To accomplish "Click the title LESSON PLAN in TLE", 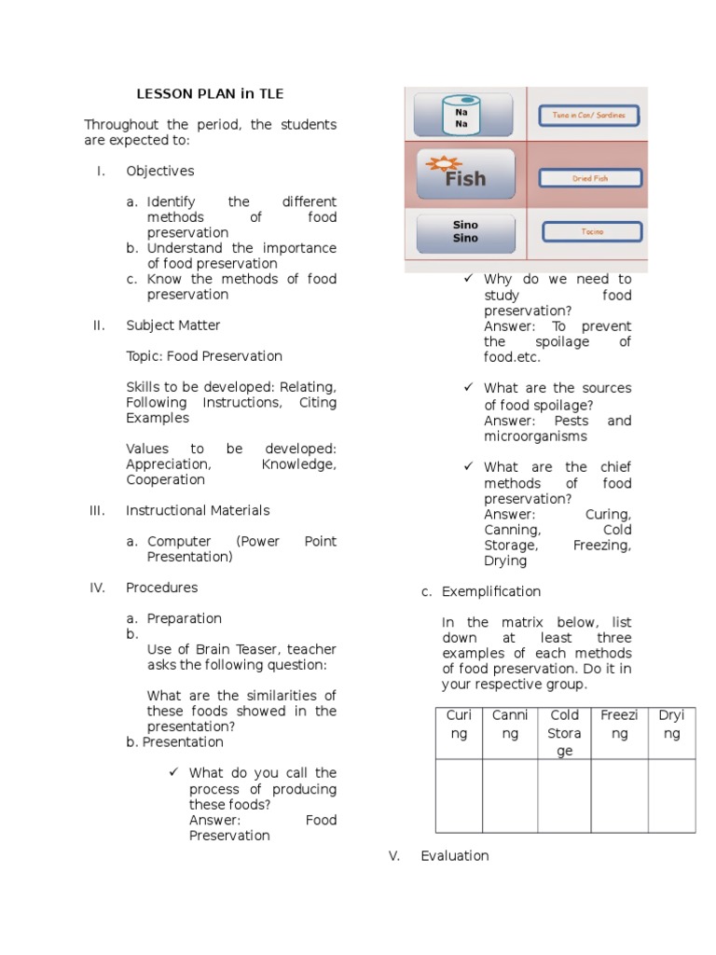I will click(x=210, y=94).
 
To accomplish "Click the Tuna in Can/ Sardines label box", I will click(x=589, y=116).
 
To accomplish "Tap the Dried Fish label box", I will click(x=589, y=177).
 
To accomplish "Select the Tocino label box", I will click(x=591, y=231).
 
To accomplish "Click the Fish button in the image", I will click(x=464, y=174).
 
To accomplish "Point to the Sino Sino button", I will click(x=464, y=232).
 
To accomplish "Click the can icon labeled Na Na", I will click(x=461, y=116).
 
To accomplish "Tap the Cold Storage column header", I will click(x=564, y=732).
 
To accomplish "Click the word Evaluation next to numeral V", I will click(x=454, y=855).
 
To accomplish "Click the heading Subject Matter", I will click(x=173, y=325).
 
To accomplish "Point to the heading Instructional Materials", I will click(x=199, y=510).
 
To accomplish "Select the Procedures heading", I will click(x=162, y=588).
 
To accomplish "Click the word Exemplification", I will click(x=491, y=591).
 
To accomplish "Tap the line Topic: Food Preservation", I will click(x=204, y=356).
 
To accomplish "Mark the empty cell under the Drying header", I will click(x=671, y=795).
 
